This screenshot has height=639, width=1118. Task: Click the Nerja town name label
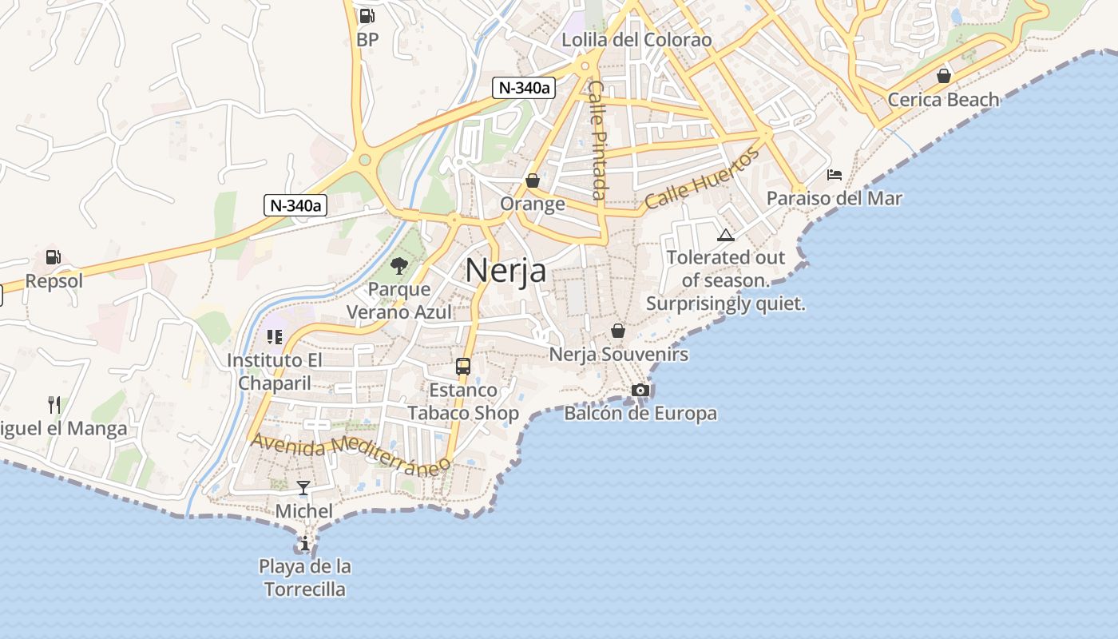(x=505, y=270)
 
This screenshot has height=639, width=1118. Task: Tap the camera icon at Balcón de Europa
(x=640, y=390)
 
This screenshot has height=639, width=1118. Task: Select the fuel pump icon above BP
(x=367, y=15)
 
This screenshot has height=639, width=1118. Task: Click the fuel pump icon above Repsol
(x=54, y=257)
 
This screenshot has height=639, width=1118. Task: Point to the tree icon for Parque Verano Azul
(x=399, y=265)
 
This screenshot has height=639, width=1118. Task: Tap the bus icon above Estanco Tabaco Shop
(x=463, y=367)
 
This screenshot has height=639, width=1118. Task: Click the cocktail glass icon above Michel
(x=303, y=487)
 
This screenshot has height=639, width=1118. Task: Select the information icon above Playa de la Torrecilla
(x=304, y=544)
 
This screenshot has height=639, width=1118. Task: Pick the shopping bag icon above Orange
(x=533, y=181)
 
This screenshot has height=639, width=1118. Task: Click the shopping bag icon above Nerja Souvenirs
(x=618, y=330)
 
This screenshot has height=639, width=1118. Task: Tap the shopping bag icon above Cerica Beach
(x=944, y=76)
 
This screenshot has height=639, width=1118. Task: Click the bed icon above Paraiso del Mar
(x=835, y=174)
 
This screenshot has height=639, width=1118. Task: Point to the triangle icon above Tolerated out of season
(x=725, y=235)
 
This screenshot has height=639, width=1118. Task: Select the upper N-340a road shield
(x=523, y=88)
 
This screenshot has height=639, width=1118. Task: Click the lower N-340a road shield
(x=295, y=205)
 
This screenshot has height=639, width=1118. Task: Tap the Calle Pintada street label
(x=597, y=140)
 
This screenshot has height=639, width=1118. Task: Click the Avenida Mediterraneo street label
(x=347, y=454)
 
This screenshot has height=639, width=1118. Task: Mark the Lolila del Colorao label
(x=636, y=40)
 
